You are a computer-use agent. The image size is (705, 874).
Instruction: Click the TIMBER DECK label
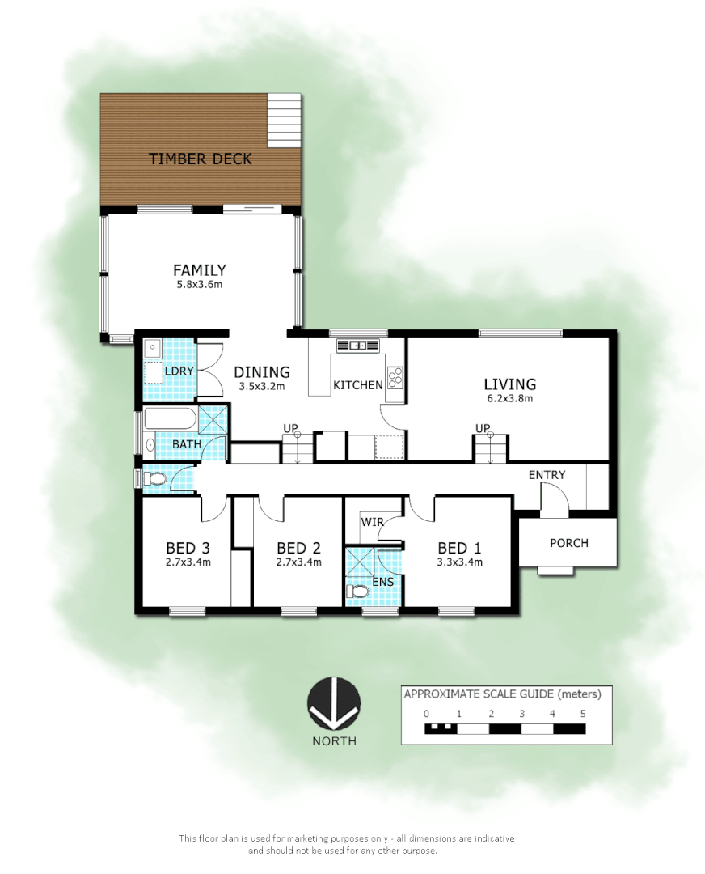click(x=201, y=159)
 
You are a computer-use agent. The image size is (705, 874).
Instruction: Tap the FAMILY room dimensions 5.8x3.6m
click(x=199, y=285)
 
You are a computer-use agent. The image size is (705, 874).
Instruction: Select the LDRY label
click(x=178, y=371)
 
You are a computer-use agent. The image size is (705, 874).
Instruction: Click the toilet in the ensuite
click(x=357, y=592)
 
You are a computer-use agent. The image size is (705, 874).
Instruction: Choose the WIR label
click(x=372, y=522)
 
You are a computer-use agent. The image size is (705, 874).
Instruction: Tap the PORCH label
click(x=569, y=543)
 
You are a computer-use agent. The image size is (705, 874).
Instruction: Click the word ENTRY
click(x=547, y=475)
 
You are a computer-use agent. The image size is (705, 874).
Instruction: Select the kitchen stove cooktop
click(x=395, y=378)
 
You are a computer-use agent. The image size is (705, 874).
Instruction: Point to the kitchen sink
click(x=358, y=346)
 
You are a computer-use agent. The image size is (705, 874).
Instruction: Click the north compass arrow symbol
click(x=334, y=702)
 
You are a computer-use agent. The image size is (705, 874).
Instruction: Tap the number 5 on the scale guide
click(x=583, y=714)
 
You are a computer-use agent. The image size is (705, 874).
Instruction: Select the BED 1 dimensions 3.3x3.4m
click(x=460, y=562)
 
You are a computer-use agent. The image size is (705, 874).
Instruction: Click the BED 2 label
click(x=298, y=546)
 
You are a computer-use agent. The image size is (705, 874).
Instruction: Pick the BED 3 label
click(x=188, y=546)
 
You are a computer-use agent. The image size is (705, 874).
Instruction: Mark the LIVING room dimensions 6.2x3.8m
click(x=509, y=398)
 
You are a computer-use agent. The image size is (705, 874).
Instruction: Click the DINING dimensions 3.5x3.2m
click(x=263, y=387)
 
